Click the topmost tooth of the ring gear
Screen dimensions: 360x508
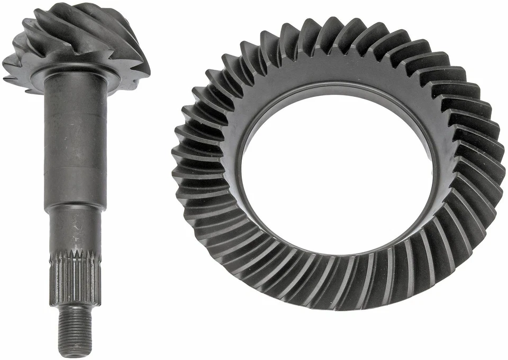coord(328,29)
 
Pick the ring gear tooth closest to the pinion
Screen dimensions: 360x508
coord(183,154)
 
